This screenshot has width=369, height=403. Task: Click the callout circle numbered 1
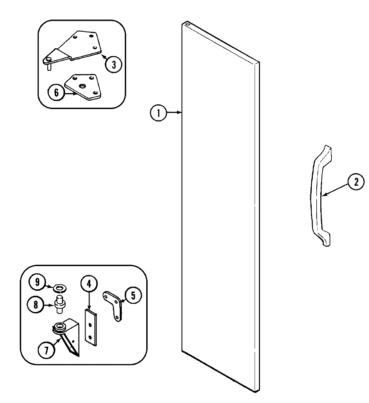158,113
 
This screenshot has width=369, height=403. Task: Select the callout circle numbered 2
355,182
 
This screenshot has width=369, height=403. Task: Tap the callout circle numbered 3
113,64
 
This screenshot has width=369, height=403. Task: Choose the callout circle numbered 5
133,295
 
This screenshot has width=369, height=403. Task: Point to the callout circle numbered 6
56,93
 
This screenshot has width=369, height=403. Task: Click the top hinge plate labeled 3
79,47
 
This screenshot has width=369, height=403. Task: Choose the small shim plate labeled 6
82,87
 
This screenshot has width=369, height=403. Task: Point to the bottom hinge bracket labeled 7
69,336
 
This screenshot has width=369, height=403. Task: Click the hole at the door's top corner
187,24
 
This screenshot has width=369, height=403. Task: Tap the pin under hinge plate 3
49,67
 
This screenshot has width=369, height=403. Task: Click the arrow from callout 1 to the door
174,113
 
